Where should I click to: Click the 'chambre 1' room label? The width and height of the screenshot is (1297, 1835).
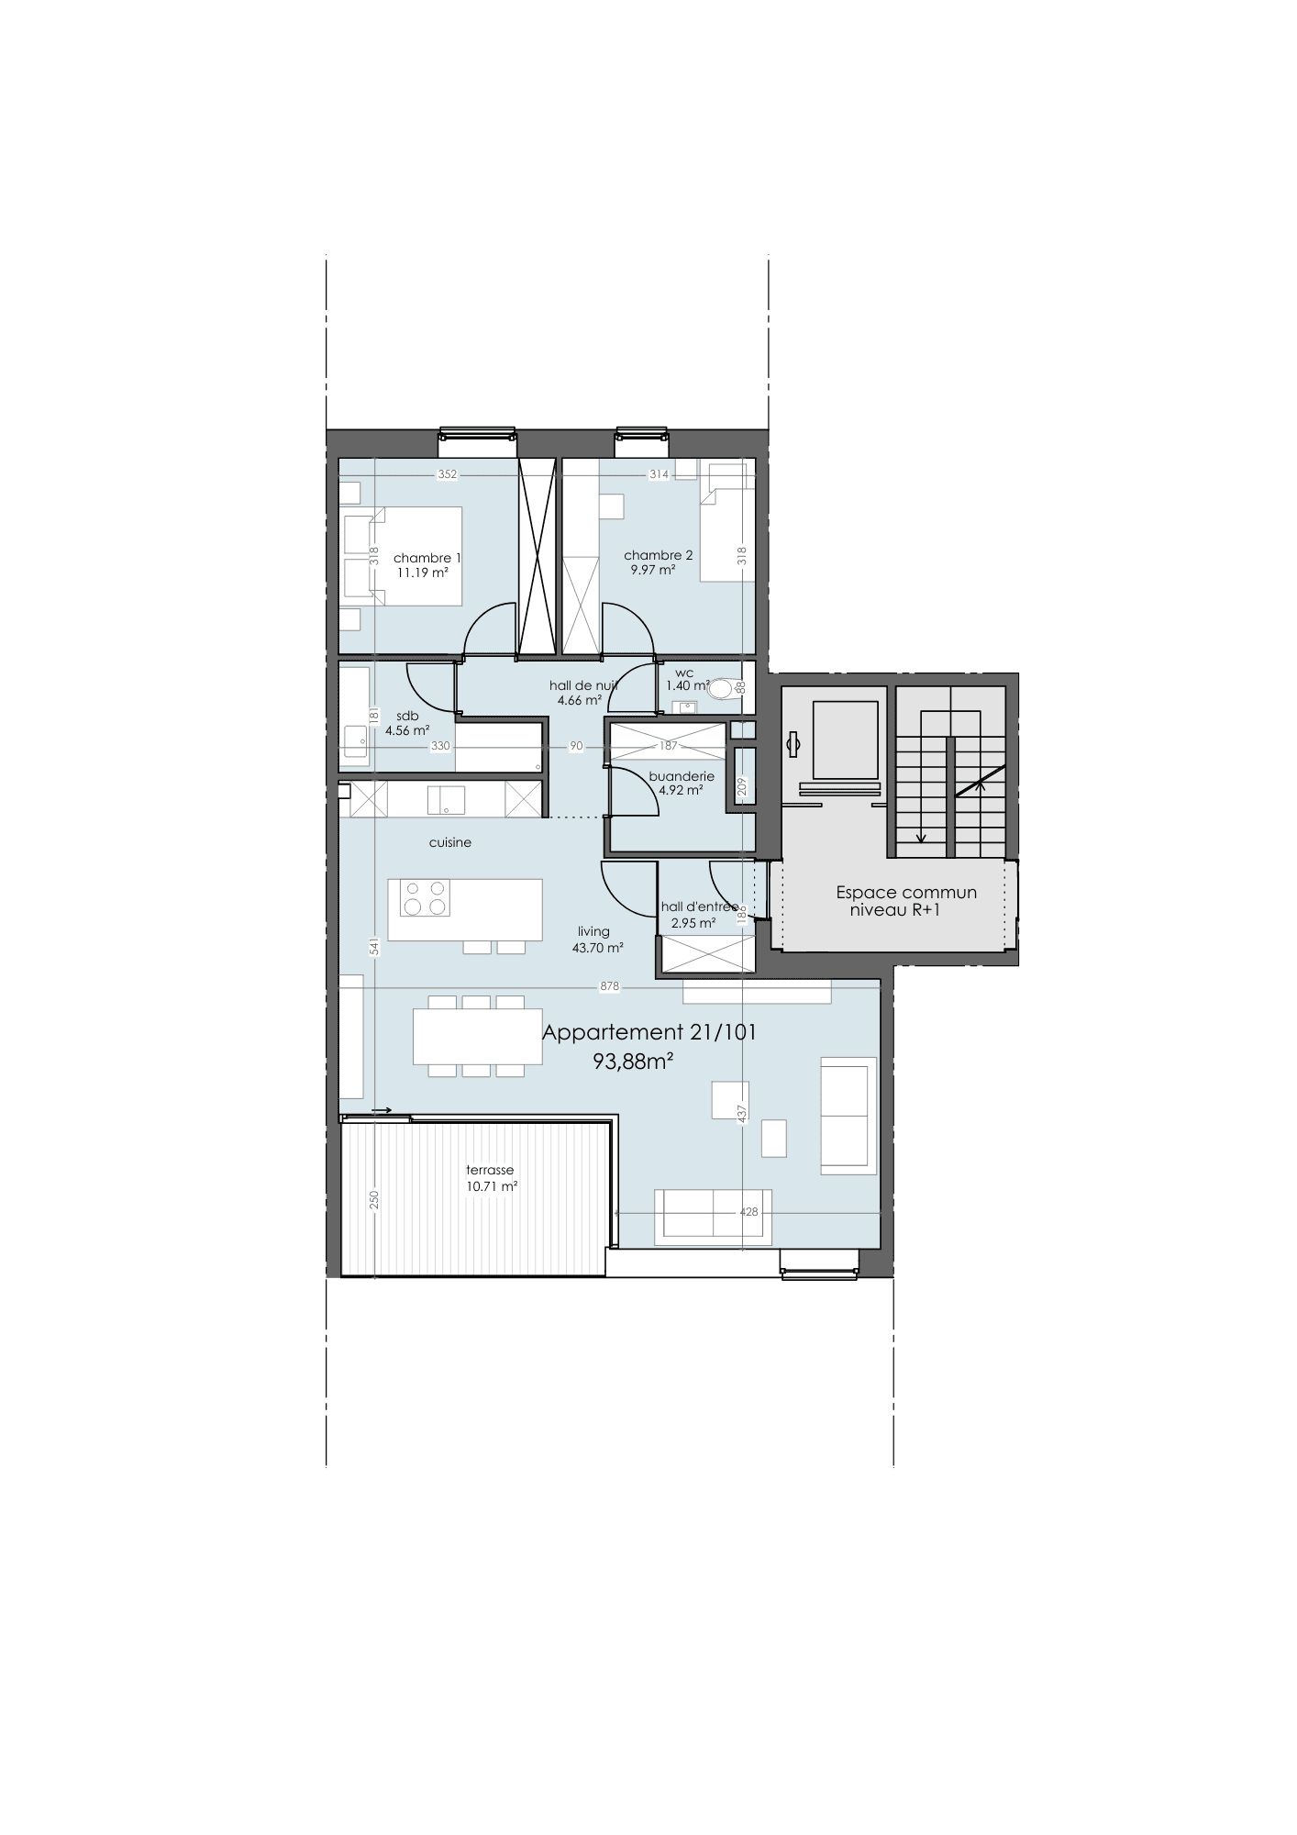427,558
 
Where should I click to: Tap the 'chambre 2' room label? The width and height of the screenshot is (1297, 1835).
658,555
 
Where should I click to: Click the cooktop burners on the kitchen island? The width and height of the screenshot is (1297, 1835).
425,898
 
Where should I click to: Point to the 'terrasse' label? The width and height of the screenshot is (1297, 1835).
490,1170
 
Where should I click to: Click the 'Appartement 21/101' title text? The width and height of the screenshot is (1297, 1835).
649,1032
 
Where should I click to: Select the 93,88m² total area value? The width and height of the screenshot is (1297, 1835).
634,1062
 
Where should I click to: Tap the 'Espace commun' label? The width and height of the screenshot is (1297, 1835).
906,893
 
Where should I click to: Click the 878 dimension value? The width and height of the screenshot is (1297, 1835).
610,987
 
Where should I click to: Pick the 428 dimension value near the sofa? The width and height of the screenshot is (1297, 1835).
749,1212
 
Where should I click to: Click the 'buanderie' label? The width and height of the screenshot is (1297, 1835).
682,776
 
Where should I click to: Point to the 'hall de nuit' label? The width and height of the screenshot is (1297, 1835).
583,685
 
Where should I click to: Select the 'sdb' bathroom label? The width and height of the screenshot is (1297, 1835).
407,717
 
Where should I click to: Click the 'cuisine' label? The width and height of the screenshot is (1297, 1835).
450,842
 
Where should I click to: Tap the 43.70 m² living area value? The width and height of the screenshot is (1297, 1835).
598,948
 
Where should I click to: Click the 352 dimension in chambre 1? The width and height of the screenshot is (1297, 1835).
447,474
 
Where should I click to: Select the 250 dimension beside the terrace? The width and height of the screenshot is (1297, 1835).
374,1201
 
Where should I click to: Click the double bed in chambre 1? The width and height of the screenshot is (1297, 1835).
403,556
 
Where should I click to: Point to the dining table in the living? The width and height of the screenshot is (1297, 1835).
478,1037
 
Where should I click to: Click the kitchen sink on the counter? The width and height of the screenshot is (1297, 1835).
446,800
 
